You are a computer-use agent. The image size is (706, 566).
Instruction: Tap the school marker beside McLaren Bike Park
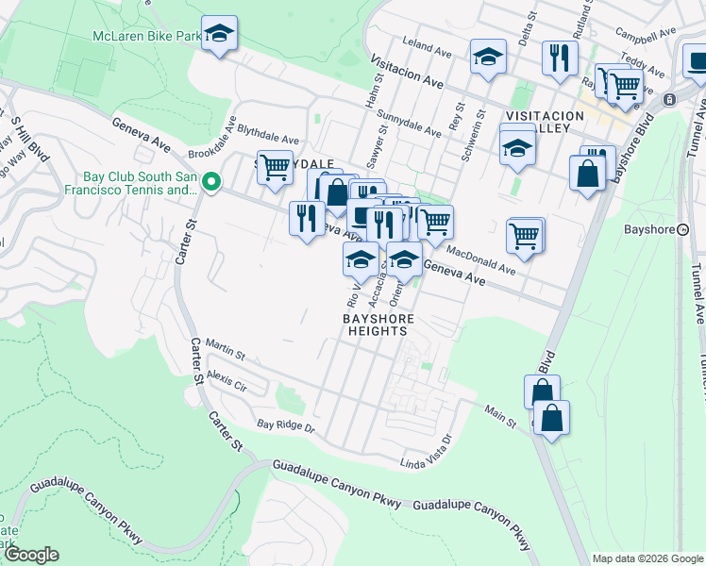pos(219,35)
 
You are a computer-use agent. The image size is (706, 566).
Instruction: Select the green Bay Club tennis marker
pos(212,183)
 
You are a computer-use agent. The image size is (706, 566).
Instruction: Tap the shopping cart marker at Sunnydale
pos(274,169)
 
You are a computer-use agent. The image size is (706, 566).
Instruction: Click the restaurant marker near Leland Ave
pos(560,58)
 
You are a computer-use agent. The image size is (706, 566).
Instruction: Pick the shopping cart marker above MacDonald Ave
pos(524,235)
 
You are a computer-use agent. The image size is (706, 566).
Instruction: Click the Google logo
pos(31,555)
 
